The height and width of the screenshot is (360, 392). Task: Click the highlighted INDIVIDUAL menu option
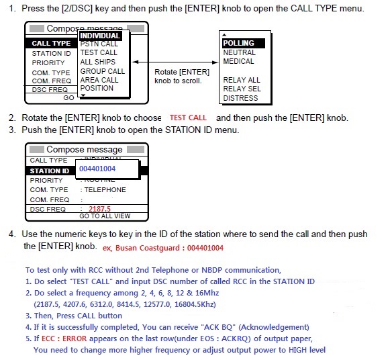click(100, 36)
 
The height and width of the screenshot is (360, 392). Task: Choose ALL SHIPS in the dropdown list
click(98, 62)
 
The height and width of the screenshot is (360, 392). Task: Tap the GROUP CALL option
click(102, 71)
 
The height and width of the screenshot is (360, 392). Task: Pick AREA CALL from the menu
click(99, 79)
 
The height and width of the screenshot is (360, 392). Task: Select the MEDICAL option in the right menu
click(239, 61)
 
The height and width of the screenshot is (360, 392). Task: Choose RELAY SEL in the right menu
click(242, 89)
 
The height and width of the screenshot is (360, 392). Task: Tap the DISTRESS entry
click(240, 98)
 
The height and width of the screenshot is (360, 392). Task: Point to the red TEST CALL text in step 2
click(188, 118)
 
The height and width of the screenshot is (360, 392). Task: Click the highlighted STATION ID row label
click(50, 171)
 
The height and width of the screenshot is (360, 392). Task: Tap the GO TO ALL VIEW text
click(105, 216)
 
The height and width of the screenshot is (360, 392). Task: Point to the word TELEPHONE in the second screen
click(105, 190)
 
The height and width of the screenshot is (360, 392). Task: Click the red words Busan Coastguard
click(146, 248)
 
